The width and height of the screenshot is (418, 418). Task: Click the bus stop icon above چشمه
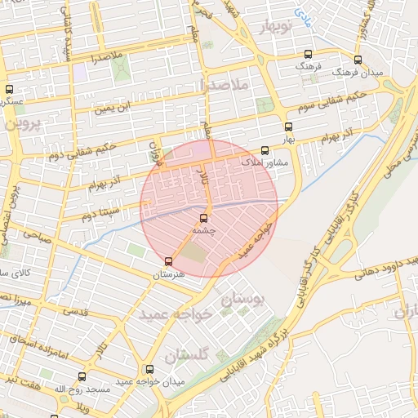203,217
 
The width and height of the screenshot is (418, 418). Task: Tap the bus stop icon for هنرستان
168,261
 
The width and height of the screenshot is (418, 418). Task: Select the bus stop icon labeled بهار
287,127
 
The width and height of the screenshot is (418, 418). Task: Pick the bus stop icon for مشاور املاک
264,150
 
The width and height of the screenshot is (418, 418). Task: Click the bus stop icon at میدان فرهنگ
357,60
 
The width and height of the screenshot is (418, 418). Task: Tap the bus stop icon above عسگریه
9,89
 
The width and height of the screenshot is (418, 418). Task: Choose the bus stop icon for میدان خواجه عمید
148,369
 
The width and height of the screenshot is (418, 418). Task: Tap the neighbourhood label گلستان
187,355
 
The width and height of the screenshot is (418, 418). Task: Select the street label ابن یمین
112,106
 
